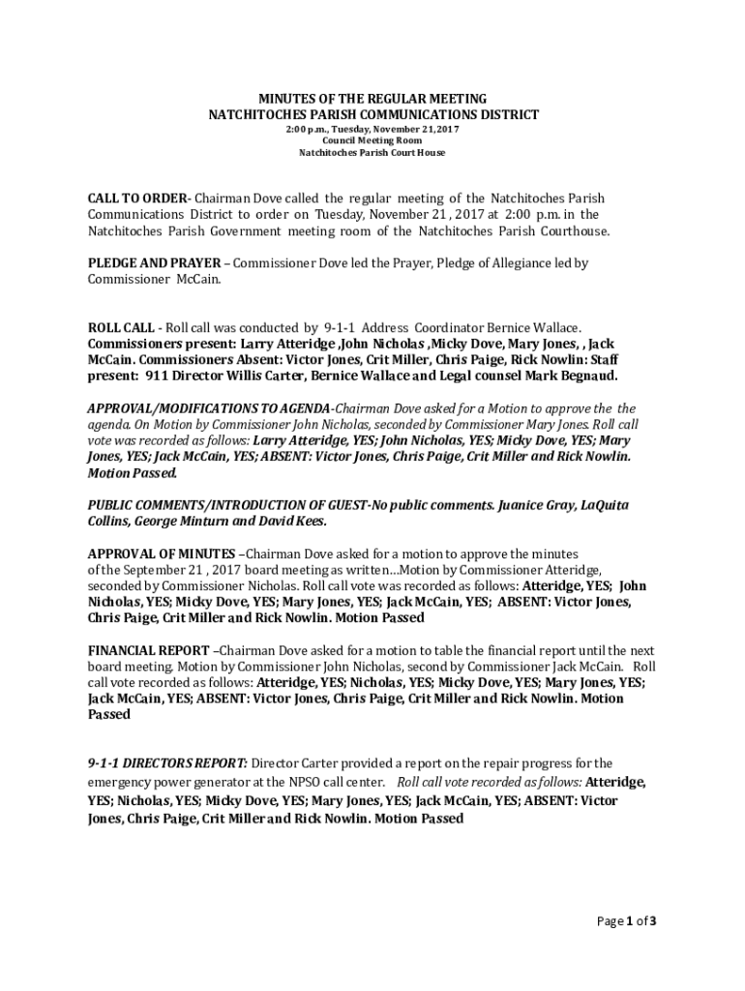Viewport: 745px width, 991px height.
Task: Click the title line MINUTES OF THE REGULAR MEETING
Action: point(372,100)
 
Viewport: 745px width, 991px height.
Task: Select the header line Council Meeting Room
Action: point(372,141)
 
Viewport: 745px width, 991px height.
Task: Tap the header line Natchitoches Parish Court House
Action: point(372,154)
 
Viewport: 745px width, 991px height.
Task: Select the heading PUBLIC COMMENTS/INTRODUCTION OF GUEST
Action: point(227,505)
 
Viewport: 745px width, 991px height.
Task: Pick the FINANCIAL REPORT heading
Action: point(148,650)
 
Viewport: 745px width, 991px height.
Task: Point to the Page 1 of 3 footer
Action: point(627,921)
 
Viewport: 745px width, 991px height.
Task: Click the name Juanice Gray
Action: point(536,505)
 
